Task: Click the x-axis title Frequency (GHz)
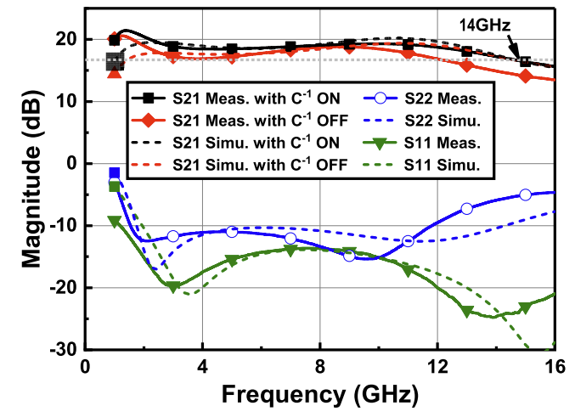coord(320,395)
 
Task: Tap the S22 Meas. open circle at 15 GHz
coord(525,194)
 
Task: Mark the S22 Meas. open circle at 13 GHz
coord(466,208)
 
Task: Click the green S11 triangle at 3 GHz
coord(173,287)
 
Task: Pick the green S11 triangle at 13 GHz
coord(466,311)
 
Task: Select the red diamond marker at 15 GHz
coord(525,76)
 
